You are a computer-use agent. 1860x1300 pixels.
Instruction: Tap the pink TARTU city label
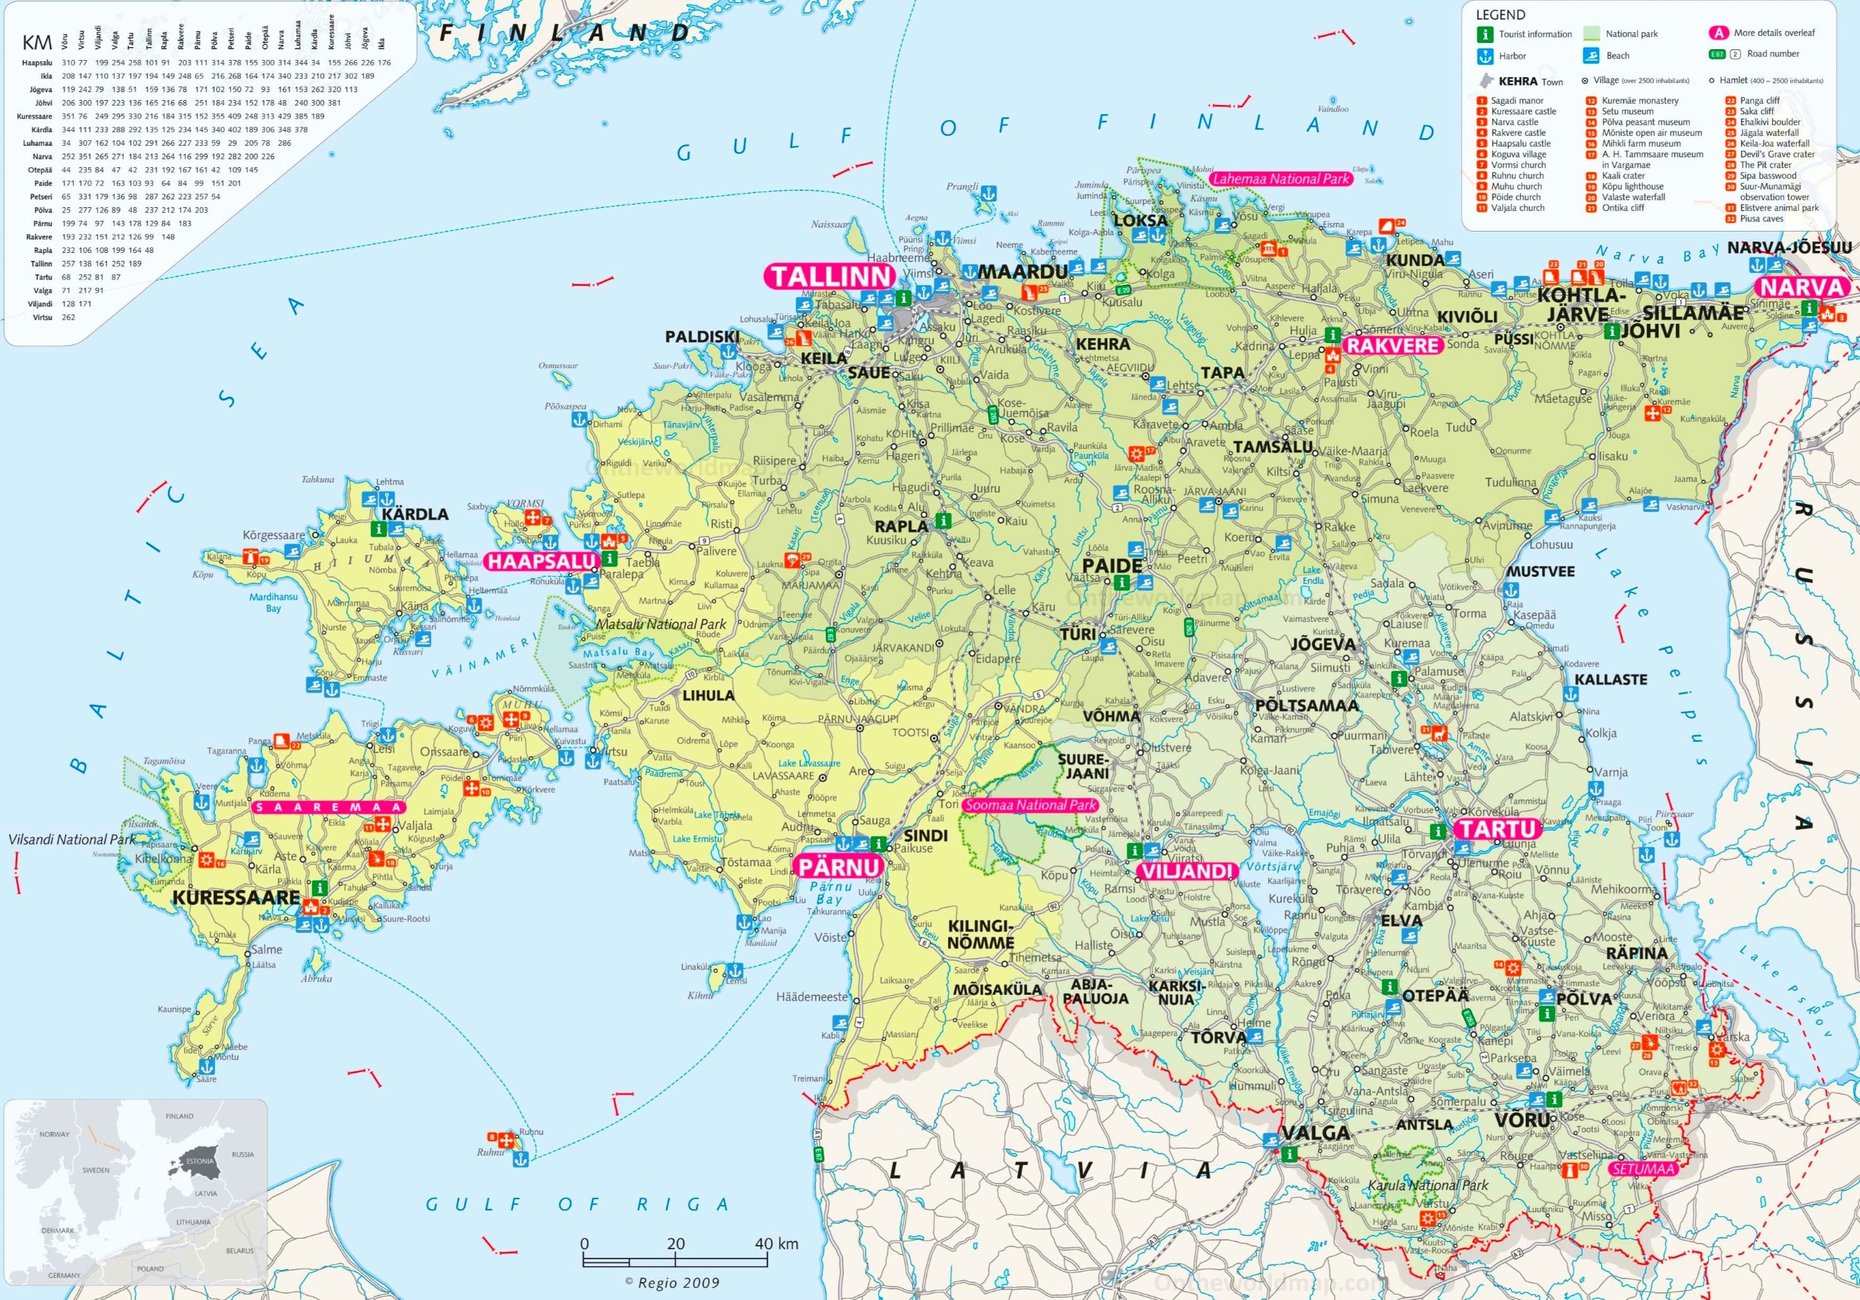[1496, 828]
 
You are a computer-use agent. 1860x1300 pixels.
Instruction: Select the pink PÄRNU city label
[839, 867]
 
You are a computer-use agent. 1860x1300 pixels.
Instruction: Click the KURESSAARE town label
[236, 898]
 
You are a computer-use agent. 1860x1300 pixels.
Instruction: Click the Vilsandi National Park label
[72, 839]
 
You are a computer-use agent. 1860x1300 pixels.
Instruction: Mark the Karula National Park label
[1428, 1185]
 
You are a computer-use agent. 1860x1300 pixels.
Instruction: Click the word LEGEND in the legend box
[1500, 14]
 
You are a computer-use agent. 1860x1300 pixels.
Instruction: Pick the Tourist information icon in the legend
[1484, 34]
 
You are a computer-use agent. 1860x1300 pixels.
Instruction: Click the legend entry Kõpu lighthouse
[1633, 187]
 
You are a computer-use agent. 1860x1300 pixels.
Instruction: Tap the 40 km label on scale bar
[776, 1244]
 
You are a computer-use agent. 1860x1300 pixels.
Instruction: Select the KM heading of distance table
[37, 44]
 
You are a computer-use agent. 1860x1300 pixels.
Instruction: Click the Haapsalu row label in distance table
[37, 62]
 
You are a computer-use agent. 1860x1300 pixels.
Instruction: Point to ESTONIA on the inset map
[200, 1161]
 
